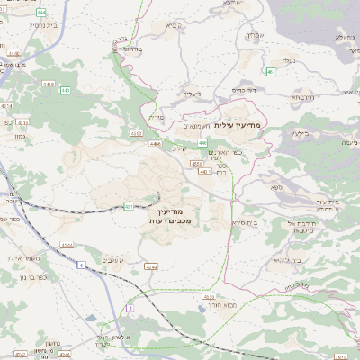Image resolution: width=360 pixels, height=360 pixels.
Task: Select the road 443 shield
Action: (67, 90)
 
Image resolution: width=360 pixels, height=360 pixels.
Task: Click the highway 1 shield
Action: (80, 265)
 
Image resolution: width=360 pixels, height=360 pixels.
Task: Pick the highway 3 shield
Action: (130, 308)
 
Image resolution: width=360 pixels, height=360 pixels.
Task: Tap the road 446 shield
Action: (203, 142)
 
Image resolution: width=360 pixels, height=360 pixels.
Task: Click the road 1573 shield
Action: (348, 356)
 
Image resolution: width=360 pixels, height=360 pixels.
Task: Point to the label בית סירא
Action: (244, 222)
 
